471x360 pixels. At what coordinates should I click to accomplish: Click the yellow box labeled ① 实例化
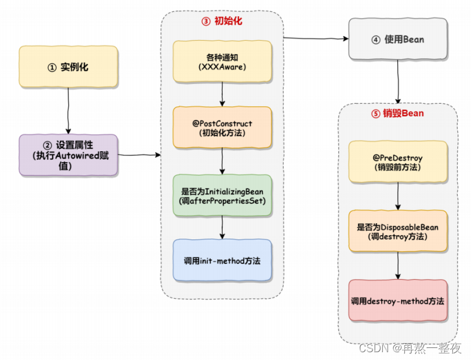pos(68,67)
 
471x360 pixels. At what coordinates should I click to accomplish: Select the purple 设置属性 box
pos(68,155)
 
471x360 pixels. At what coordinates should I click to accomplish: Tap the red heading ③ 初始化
pos(221,22)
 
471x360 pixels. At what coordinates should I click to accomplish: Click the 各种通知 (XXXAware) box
pos(222,62)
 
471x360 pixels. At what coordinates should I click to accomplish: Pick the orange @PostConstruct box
pos(222,127)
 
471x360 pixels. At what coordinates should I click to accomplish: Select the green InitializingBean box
pos(222,195)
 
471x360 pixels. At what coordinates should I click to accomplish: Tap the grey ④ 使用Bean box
pos(398,39)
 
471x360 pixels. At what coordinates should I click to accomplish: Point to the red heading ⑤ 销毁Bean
pos(398,113)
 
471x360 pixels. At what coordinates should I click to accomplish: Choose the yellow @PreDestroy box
pos(398,162)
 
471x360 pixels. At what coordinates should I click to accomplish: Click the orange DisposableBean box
pos(398,231)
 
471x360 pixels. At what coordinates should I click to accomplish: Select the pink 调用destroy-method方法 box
pos(398,300)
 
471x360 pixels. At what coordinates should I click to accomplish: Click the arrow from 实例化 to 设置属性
pos(68,111)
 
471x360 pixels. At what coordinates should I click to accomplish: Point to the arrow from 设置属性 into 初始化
pos(139,155)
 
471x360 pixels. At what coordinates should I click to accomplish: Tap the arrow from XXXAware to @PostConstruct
pos(223,94)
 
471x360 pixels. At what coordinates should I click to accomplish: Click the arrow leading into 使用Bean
pos(316,39)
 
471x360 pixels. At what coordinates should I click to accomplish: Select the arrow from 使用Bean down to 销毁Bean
pos(398,81)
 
